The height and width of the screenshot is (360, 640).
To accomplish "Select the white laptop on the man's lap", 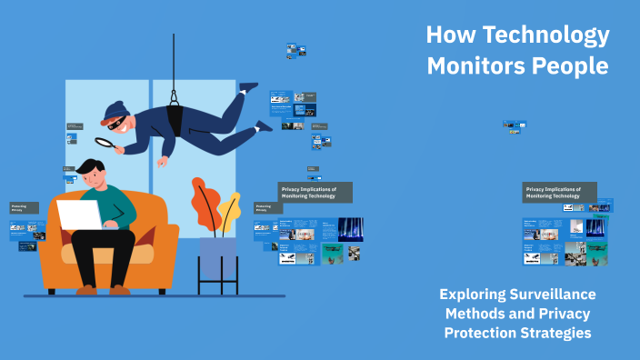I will (x=80, y=215).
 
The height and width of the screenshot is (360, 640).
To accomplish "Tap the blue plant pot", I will (x=217, y=257).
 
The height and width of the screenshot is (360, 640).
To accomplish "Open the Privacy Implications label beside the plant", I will (x=315, y=192).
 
